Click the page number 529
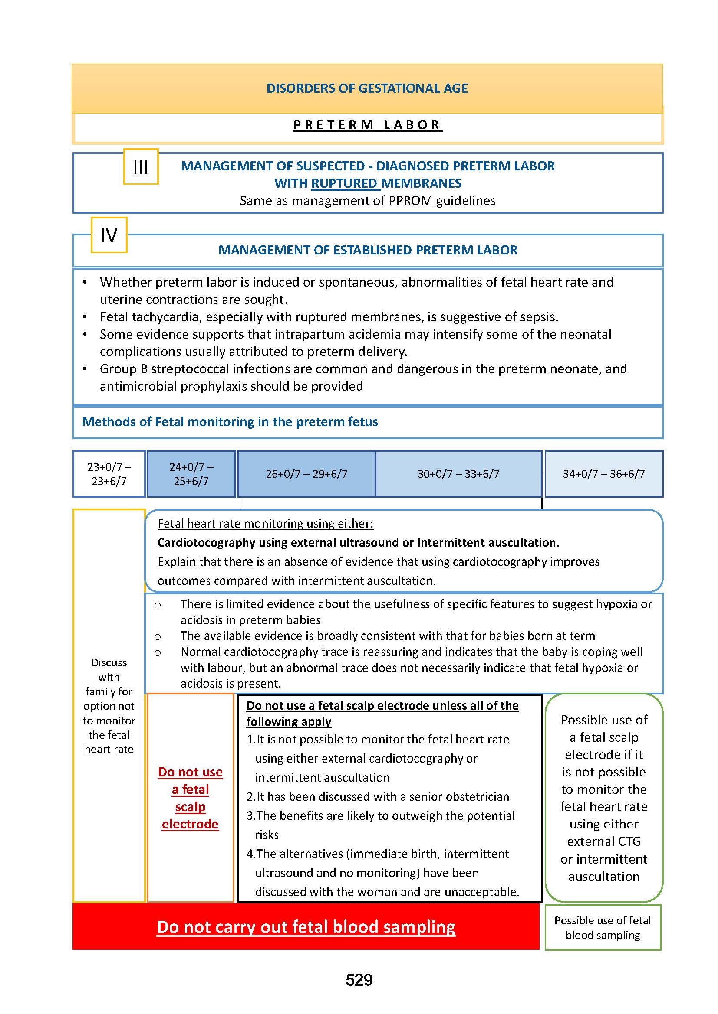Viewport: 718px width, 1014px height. click(x=359, y=980)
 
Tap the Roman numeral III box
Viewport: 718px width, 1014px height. click(x=141, y=167)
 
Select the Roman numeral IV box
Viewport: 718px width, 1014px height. click(x=109, y=235)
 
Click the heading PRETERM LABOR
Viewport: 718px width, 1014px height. click(x=367, y=125)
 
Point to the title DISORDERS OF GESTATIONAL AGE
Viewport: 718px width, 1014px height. click(x=367, y=88)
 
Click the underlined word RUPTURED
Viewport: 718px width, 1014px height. click(x=344, y=183)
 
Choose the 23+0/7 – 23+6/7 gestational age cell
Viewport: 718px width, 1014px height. click(x=109, y=474)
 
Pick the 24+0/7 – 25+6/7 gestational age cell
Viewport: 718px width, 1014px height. click(x=191, y=474)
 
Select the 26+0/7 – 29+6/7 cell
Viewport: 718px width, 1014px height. click(x=306, y=474)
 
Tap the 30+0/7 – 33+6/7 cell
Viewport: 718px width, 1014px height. click(x=458, y=474)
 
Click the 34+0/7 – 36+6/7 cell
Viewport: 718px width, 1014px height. click(x=603, y=474)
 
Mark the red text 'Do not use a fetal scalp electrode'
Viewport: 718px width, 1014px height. click(x=190, y=798)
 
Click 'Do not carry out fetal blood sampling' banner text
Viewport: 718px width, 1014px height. click(x=306, y=926)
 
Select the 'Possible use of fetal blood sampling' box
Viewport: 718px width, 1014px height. click(x=603, y=927)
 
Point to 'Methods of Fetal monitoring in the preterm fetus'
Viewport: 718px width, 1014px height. click(x=230, y=422)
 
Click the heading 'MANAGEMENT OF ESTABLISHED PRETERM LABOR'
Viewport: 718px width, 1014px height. click(x=367, y=250)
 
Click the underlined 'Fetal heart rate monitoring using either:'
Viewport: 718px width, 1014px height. click(x=265, y=523)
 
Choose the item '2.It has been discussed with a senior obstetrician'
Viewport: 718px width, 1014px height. click(x=378, y=796)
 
